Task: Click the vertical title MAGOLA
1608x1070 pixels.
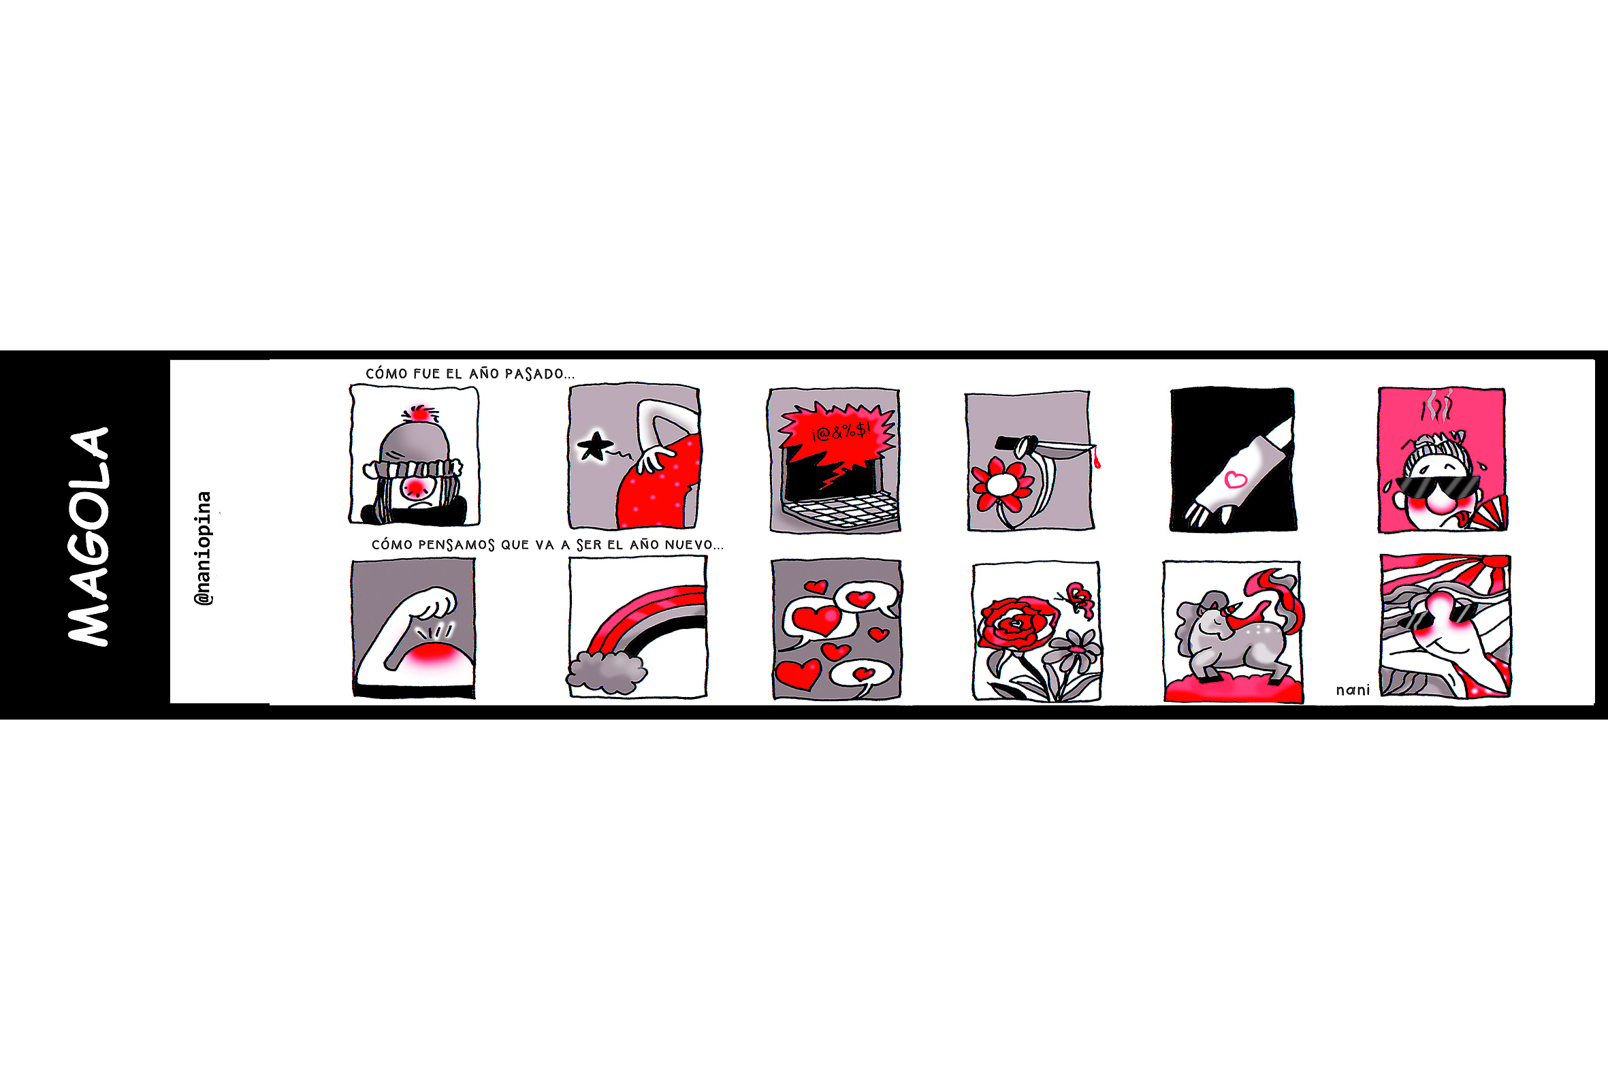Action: pos(88,536)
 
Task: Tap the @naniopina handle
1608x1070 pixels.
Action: pos(204,548)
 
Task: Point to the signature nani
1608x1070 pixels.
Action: pos(1353,690)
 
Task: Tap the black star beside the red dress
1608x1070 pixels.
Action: pos(594,447)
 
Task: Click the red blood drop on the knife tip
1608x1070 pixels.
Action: pos(1097,458)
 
